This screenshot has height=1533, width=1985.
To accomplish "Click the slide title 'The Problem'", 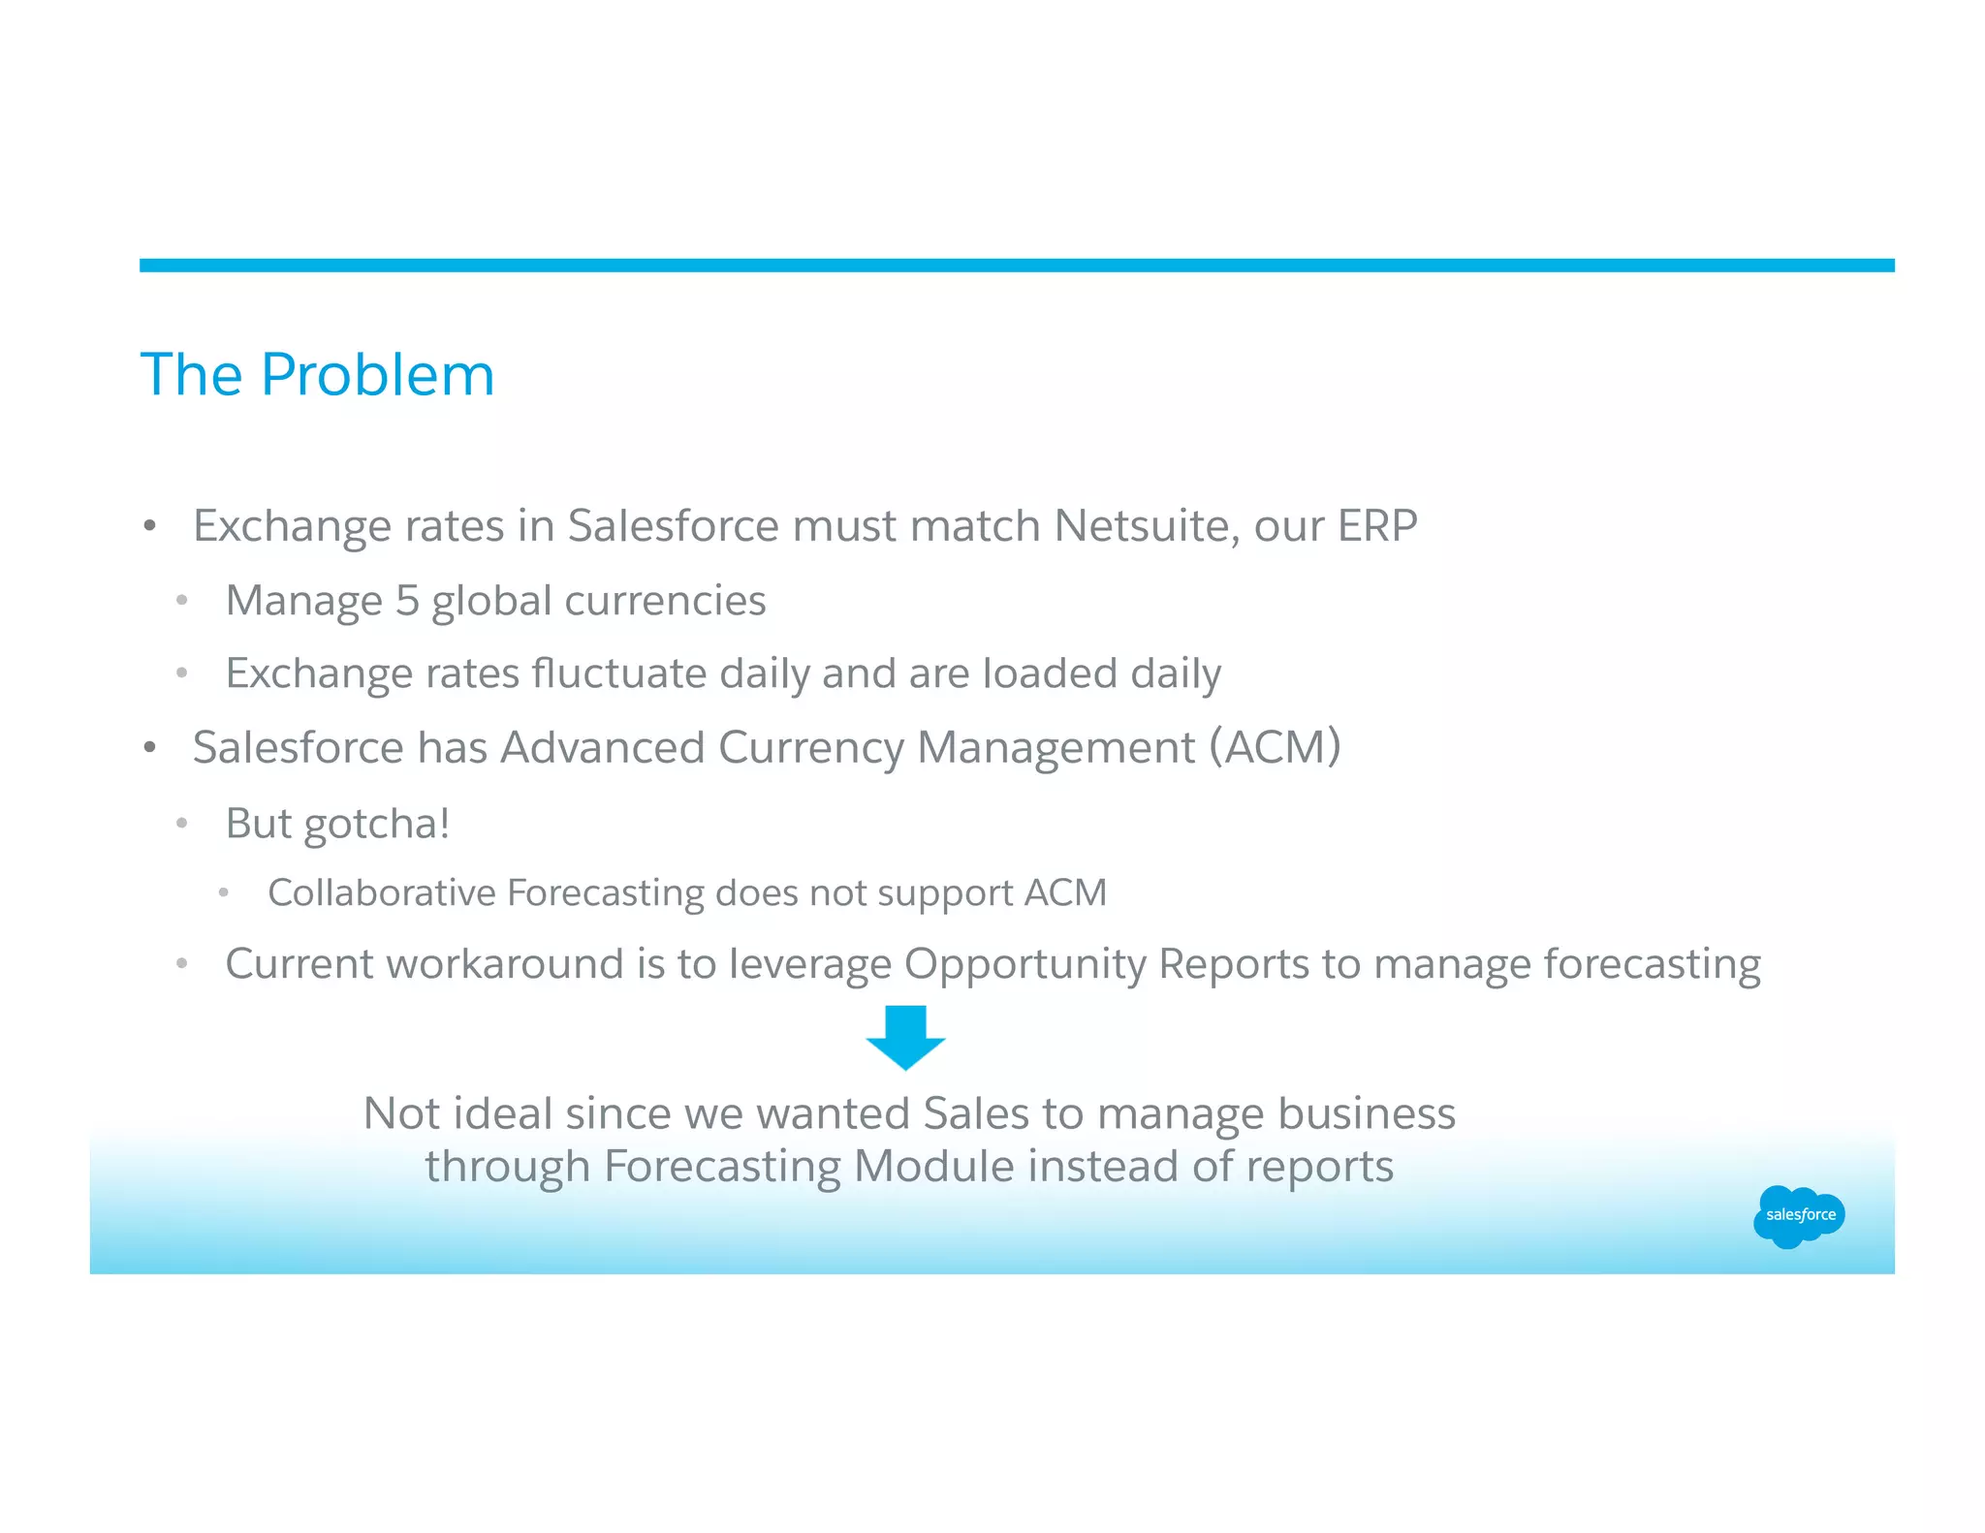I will pyautogui.click(x=317, y=375).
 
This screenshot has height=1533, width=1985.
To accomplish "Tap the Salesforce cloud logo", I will pyautogui.click(x=1799, y=1215).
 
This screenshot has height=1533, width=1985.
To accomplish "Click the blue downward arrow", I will pyautogui.click(x=905, y=1037).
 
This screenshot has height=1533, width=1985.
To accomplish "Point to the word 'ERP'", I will pyautogui.click(x=1377, y=526).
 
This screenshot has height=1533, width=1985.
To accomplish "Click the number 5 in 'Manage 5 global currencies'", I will pyautogui.click(x=407, y=601).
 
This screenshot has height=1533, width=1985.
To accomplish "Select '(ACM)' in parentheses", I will pyautogui.click(x=1275, y=747).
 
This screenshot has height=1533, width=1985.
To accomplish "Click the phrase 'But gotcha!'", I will pyautogui.click(x=337, y=824).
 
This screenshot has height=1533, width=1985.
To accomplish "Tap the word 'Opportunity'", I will pyautogui.click(x=1024, y=965).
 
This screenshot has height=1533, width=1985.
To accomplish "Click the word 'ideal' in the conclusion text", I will pyautogui.click(x=504, y=1113).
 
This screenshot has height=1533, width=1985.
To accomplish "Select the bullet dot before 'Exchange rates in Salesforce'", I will pyautogui.click(x=149, y=527).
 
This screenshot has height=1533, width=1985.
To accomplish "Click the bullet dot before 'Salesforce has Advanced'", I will pyautogui.click(x=149, y=748).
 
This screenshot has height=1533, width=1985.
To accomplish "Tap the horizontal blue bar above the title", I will pyautogui.click(x=1016, y=266).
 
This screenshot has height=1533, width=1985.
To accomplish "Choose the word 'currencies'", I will pyautogui.click(x=665, y=601).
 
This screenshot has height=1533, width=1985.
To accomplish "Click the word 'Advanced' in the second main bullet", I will pyautogui.click(x=602, y=747).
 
